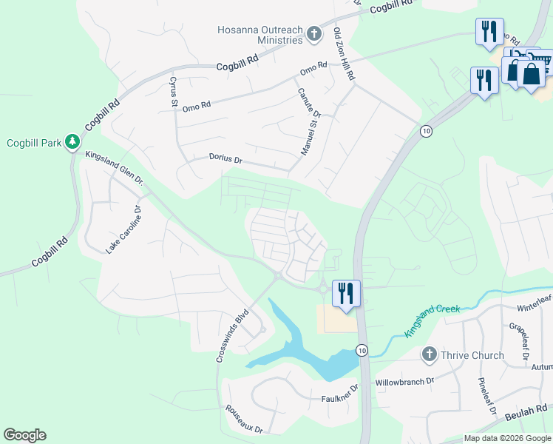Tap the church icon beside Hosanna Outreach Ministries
[315, 33]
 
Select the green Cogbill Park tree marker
[72, 141]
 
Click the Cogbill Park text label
[35, 143]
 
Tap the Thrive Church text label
[472, 355]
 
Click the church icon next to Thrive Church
[428, 355]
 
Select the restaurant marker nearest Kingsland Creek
[345, 292]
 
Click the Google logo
[24, 435]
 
